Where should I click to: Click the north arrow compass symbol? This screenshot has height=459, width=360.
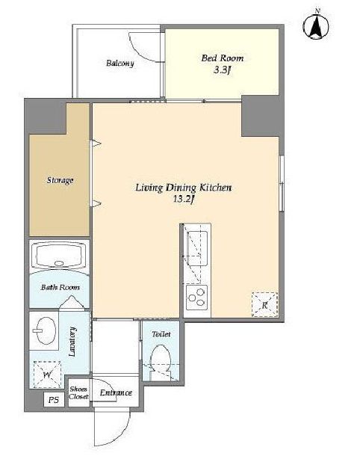(315, 25)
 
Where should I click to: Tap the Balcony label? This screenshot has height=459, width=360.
(120, 64)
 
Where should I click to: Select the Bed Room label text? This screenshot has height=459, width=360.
(223, 58)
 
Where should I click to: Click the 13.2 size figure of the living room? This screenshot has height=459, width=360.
(184, 200)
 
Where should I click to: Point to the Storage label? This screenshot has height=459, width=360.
(60, 180)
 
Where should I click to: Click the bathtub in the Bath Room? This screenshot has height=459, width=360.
(59, 255)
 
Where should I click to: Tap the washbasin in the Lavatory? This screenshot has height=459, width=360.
(45, 330)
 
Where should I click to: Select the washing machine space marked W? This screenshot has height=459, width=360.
(47, 375)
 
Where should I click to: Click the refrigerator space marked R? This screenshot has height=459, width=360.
(264, 305)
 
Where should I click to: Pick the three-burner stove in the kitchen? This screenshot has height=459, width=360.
(197, 298)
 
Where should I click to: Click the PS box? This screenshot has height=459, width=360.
(54, 399)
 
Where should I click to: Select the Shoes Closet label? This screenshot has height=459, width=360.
(78, 393)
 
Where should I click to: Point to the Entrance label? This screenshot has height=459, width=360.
(116, 392)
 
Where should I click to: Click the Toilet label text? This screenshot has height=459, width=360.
(161, 334)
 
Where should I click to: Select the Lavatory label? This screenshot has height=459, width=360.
(72, 342)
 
